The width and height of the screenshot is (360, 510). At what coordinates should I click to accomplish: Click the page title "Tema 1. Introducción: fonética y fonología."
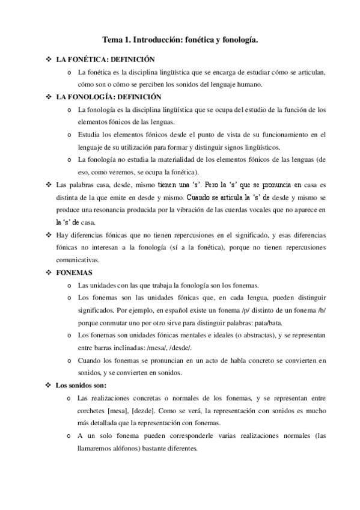pos(180,40)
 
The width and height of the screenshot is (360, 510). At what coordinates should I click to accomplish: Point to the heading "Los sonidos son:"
pos(81,385)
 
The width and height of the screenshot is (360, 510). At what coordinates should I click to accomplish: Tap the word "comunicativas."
pos(81,260)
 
